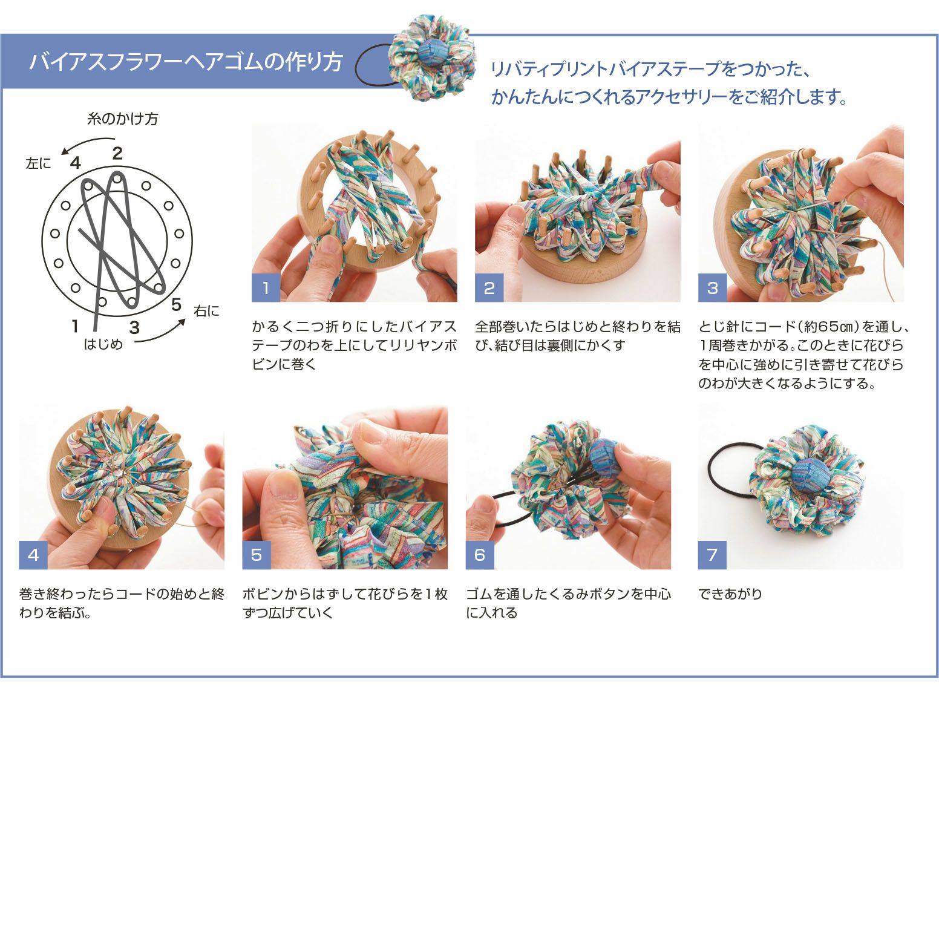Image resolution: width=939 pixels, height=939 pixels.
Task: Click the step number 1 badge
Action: coord(266,288)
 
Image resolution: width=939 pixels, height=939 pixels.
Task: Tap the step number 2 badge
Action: coord(489,288)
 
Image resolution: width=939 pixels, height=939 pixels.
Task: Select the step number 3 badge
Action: coord(712,288)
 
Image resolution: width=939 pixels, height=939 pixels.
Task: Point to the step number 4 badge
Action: coord(33,555)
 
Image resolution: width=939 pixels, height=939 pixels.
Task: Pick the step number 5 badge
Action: coord(256,555)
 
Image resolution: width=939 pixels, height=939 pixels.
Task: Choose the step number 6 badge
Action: coord(479,555)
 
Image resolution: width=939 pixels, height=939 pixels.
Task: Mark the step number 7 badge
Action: coord(712,555)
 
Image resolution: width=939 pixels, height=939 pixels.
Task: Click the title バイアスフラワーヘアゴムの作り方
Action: coord(186,62)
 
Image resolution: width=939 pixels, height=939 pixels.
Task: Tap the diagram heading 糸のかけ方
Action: coord(123,119)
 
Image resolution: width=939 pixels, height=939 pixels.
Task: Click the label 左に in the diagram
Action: coord(38,163)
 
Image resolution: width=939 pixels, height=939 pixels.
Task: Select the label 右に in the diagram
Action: coord(206,311)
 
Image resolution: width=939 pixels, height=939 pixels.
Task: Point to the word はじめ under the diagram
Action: coord(103,344)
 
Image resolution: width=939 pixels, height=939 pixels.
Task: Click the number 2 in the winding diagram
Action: coord(117,153)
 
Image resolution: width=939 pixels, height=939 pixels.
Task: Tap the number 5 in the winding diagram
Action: coord(176,304)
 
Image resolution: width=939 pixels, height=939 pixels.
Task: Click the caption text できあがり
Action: coord(730,594)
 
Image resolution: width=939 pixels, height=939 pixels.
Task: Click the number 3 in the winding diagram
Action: coord(134,327)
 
